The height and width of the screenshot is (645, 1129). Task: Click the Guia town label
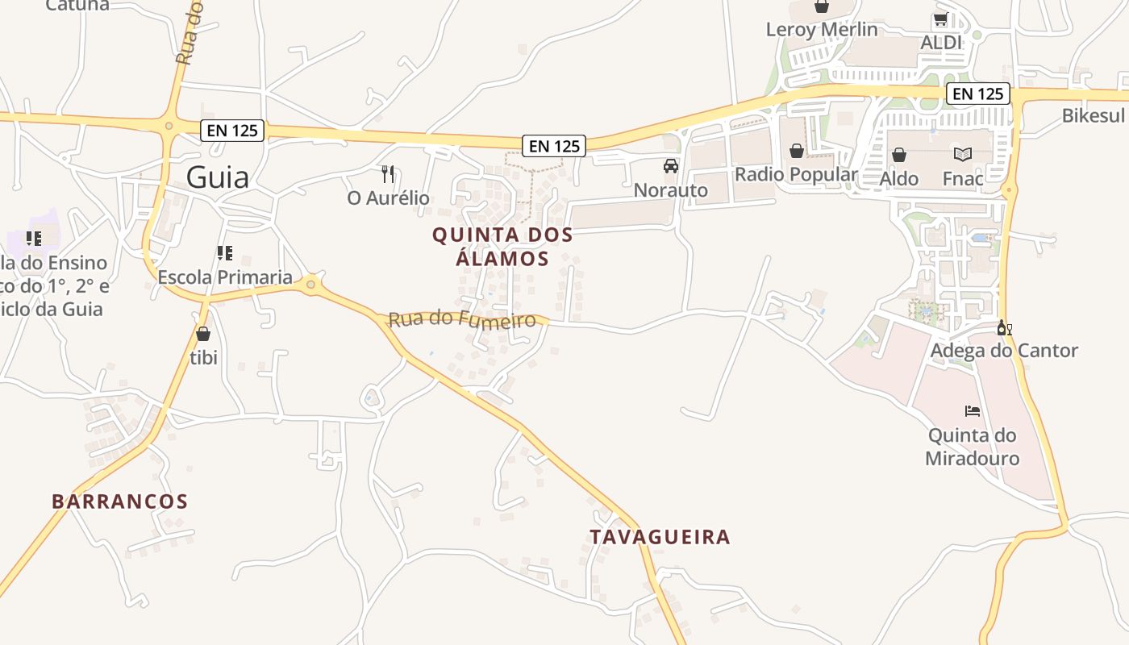tap(217, 177)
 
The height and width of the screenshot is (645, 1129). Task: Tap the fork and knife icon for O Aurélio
tap(388, 173)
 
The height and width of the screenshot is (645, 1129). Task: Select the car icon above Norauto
tap(670, 166)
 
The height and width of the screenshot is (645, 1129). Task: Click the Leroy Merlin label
tap(821, 30)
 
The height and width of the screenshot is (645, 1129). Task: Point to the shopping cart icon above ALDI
tap(940, 19)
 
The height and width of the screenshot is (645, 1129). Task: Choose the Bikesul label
tap(1093, 115)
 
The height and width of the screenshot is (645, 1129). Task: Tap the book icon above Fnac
tap(963, 154)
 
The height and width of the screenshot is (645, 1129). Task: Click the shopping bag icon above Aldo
tap(898, 154)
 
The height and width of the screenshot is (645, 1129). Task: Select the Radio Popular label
tap(795, 174)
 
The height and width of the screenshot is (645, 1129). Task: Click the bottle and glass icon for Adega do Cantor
tap(1004, 328)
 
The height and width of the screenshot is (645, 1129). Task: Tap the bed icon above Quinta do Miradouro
tap(973, 411)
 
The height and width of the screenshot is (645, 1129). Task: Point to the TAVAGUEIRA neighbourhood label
tap(660, 537)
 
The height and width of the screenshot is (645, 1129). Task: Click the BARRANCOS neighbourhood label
tap(119, 501)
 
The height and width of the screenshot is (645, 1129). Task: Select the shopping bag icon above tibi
tap(203, 334)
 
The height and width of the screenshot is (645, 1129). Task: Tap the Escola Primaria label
tap(225, 277)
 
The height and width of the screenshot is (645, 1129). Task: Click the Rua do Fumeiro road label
tap(462, 320)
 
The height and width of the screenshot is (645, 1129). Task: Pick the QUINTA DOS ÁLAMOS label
tap(502, 247)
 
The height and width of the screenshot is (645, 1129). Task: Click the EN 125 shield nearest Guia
tap(232, 130)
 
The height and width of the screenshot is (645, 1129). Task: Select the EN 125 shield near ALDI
tap(977, 94)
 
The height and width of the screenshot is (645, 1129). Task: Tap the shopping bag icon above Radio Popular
tap(796, 151)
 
